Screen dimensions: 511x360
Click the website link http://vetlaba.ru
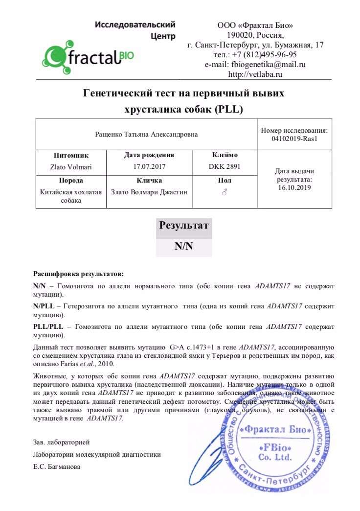(x=255, y=74)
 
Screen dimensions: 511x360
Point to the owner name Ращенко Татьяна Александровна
(x=146, y=135)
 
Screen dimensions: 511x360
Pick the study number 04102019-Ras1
(x=294, y=139)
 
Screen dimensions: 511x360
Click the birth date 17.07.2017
(x=149, y=166)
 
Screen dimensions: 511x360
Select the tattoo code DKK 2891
(x=224, y=166)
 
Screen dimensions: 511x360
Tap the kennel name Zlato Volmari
(x=71, y=166)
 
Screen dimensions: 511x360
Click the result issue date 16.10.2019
(x=294, y=187)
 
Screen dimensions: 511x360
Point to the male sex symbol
(x=225, y=192)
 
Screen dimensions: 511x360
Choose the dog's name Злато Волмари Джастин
(x=149, y=192)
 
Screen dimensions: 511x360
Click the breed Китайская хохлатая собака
(x=71, y=196)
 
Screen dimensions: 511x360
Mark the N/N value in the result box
(x=184, y=247)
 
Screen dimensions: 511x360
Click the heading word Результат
(x=184, y=226)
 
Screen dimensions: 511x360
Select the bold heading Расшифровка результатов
(x=78, y=273)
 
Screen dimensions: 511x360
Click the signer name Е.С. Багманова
(x=57, y=466)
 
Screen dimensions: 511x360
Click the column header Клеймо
(x=224, y=155)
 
